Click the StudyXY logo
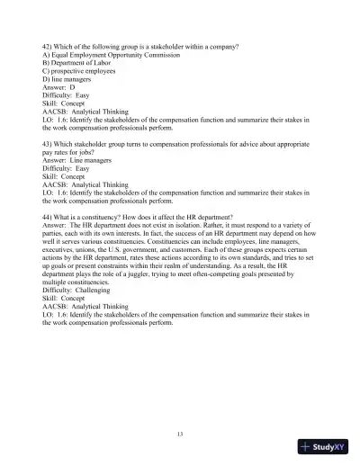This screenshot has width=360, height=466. click(326, 445)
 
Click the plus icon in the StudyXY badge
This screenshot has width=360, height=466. click(306, 445)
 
